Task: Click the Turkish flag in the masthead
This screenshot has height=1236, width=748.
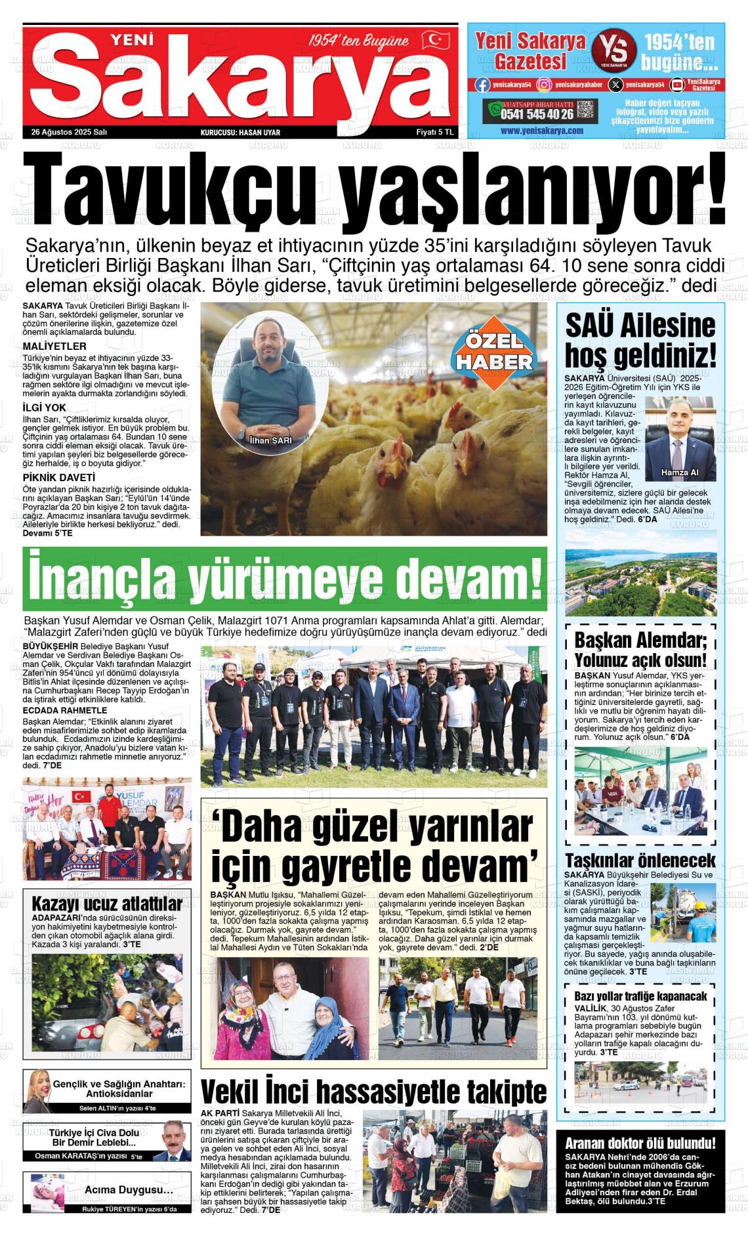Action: (x=435, y=41)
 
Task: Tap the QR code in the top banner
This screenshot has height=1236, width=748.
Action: (x=587, y=110)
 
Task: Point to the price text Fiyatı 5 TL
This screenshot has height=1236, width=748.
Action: (x=435, y=132)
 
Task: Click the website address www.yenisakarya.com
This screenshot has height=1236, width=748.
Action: (x=541, y=131)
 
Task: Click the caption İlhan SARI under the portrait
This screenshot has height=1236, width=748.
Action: (x=271, y=440)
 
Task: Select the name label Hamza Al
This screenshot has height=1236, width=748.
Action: (x=680, y=473)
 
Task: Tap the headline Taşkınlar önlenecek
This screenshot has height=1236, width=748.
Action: (x=640, y=861)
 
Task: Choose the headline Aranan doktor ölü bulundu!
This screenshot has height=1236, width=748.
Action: (x=640, y=1143)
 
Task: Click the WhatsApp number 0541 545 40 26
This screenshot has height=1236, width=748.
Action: (x=537, y=114)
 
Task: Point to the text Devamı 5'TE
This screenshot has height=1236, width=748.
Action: (x=47, y=533)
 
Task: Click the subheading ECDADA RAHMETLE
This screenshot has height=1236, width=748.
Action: (x=64, y=710)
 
